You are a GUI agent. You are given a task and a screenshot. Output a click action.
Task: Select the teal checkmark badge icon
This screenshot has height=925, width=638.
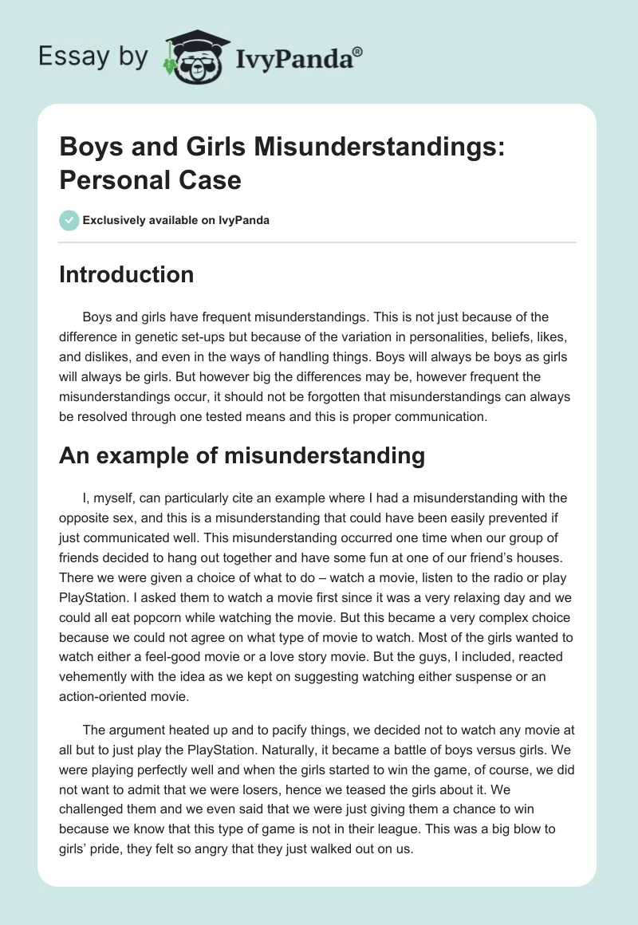69,220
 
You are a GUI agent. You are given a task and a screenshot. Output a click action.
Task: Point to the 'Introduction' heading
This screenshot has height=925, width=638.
127,274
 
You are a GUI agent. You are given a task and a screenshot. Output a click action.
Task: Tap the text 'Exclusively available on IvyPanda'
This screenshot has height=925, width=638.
176,220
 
